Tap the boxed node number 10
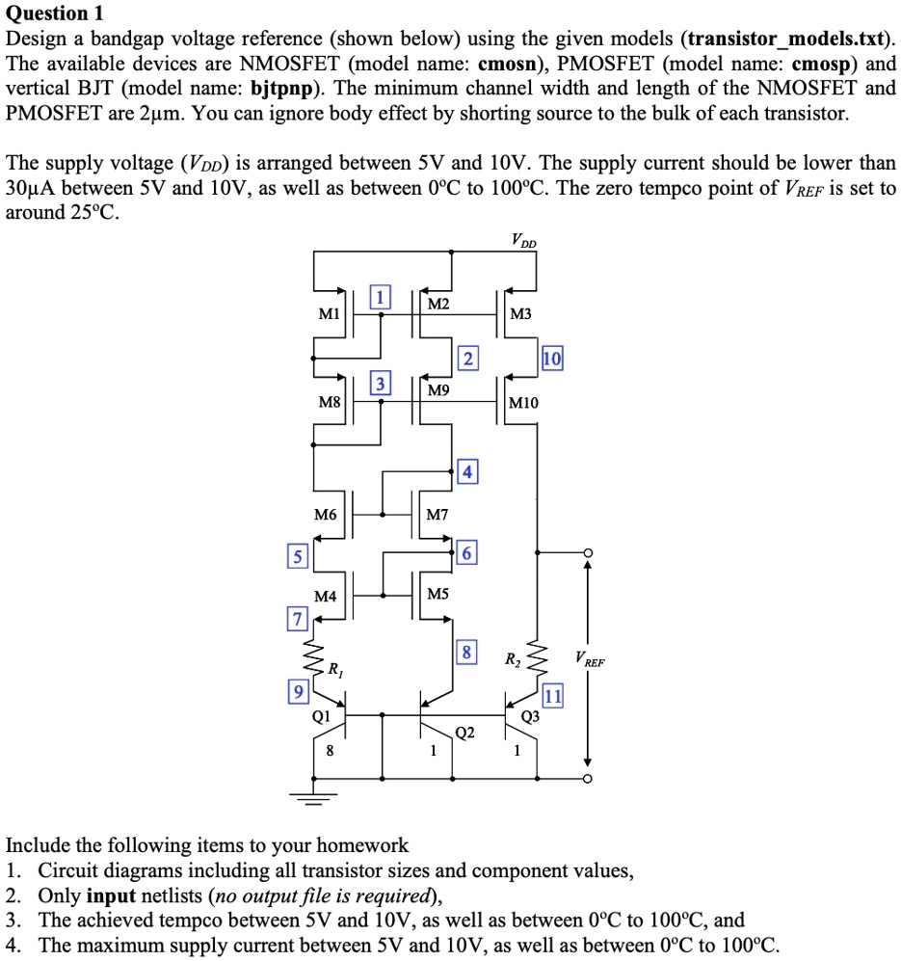coord(552,360)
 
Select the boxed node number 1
coord(382,297)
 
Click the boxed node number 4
coord(466,472)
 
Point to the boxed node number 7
coord(297,618)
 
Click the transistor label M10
coord(526,403)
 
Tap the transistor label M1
coord(330,314)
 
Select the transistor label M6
coord(326,516)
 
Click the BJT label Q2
coord(464,733)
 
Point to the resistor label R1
coord(333,668)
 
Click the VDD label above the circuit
coord(526,240)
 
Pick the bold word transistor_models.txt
coord(789,40)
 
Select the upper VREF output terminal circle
coord(587,552)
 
